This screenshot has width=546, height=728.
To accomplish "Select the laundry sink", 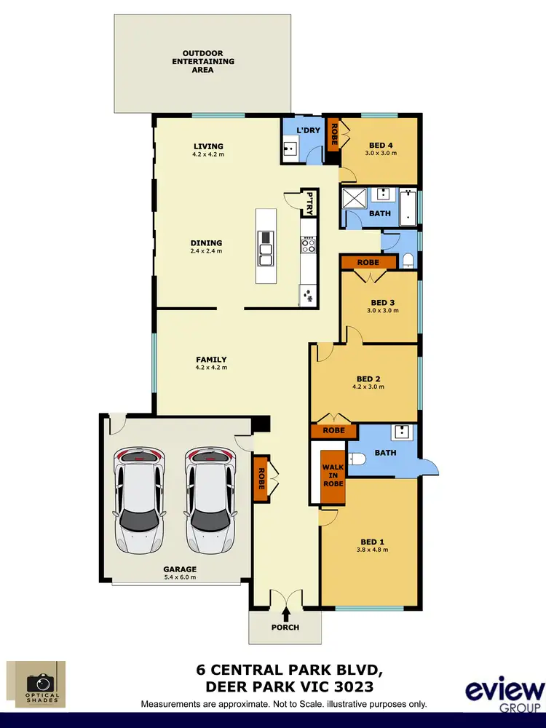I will (289, 151).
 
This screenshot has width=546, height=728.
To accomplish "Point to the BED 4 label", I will (381, 145).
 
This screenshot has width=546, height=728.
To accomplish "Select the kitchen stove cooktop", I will (308, 245).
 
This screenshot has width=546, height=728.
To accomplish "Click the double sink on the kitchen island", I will (266, 248).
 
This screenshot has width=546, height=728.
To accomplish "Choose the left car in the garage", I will (138, 499).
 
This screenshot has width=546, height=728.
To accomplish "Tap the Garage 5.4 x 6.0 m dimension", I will (180, 577).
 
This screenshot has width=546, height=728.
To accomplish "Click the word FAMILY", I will (211, 360).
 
